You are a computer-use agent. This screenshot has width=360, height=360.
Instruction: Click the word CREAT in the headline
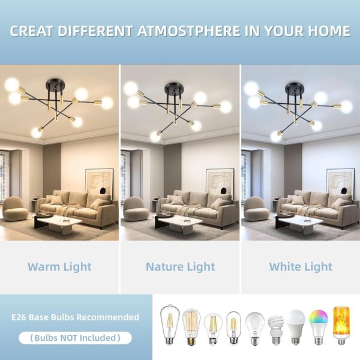tap(32, 31)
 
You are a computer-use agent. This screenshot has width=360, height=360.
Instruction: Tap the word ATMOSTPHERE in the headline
tap(189, 31)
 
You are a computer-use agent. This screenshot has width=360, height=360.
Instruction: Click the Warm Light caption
tap(59, 267)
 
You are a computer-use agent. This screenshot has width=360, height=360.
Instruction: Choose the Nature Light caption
tap(181, 267)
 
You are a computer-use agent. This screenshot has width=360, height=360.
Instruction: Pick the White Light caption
tap(301, 267)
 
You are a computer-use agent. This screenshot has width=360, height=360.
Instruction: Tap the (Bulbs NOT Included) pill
tap(76, 338)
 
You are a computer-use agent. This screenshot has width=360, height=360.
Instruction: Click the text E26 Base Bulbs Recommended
tap(76, 317)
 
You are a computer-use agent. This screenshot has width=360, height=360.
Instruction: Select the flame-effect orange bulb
tap(341, 326)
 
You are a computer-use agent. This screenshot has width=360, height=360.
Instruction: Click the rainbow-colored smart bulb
tap(319, 327)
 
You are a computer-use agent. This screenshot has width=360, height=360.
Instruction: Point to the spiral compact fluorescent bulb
tap(276, 330)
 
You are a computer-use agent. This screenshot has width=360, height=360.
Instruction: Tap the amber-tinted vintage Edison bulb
tap(191, 327)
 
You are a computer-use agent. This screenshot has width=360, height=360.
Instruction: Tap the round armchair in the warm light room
tap(15, 208)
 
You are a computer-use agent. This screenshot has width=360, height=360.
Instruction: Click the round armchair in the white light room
tap(256, 208)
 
